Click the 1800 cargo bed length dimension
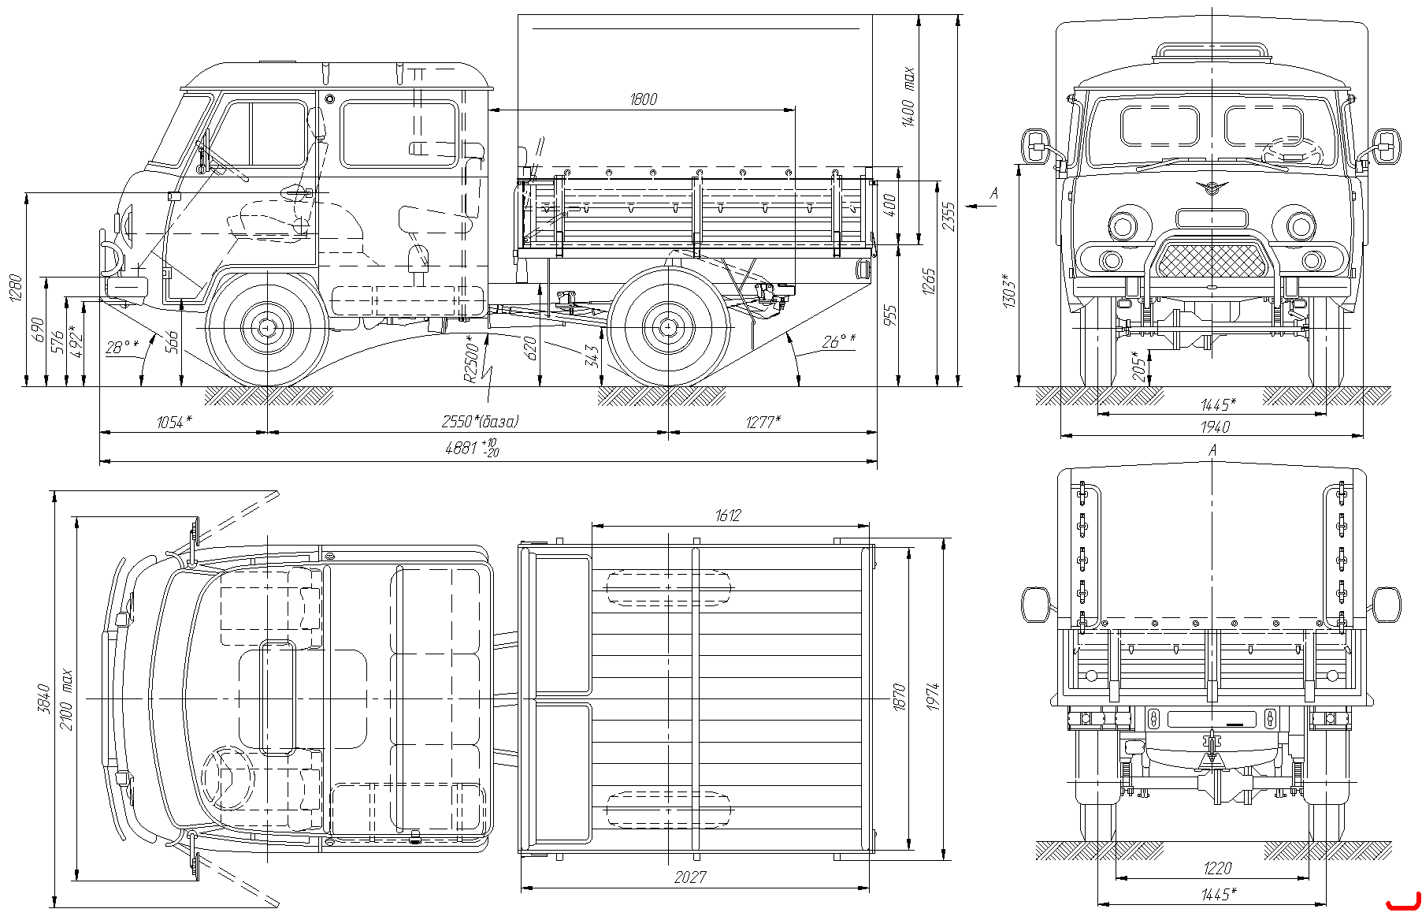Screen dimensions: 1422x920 (x=644, y=99)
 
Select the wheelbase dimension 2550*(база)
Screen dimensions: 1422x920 (x=480, y=422)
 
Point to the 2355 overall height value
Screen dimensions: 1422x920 (x=949, y=216)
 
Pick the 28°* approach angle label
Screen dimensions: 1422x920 (x=122, y=346)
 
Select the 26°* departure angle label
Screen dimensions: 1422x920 (x=839, y=341)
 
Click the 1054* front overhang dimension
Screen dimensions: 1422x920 (x=174, y=423)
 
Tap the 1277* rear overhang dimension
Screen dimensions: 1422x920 (x=763, y=423)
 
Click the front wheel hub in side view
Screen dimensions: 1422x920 (x=267, y=326)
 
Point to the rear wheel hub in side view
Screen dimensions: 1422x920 (x=668, y=326)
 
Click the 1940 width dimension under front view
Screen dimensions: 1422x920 (x=1216, y=426)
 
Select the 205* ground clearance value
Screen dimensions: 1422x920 (x=1137, y=366)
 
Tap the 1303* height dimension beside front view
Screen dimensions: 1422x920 (x=1009, y=290)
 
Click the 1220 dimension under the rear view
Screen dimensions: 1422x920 (x=1217, y=868)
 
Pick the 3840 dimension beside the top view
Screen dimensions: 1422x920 (x=44, y=698)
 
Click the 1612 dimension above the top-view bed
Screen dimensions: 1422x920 (x=728, y=516)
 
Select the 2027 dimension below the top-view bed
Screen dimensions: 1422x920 (x=690, y=877)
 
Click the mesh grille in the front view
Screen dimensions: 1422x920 (x=1212, y=260)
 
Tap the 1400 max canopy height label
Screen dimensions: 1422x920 (x=908, y=97)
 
